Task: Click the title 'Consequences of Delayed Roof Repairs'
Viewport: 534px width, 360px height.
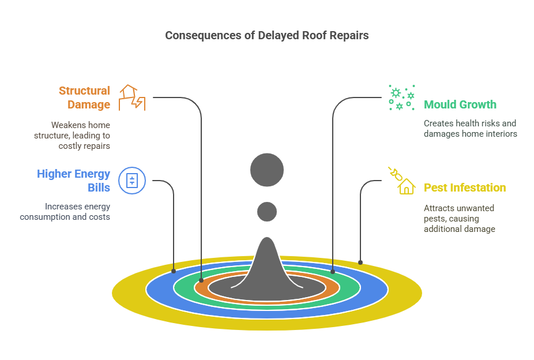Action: pos(266,35)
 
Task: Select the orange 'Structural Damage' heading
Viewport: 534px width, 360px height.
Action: pos(85,97)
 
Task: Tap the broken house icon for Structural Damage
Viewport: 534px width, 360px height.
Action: pos(131,97)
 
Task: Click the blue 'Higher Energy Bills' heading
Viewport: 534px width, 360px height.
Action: pos(73,181)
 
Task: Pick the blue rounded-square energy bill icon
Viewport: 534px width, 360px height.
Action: pos(131,181)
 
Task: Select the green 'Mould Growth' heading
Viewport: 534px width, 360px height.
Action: pos(460,104)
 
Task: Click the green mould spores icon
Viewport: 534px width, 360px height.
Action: pos(401,98)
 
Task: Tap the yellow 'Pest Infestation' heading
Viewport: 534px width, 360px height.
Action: pos(464,187)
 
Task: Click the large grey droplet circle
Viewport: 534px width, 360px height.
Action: pos(267,170)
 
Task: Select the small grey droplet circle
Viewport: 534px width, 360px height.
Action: pos(267,212)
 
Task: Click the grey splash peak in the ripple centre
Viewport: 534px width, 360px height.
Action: pos(267,260)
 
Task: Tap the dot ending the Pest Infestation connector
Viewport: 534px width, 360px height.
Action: pos(360,262)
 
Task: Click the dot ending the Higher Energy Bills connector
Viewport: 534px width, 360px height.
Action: pos(174,271)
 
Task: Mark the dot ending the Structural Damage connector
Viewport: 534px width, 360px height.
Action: pos(201,280)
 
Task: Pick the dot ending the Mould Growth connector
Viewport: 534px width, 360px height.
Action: pos(333,270)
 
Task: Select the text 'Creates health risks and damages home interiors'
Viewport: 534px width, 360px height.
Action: pos(470,128)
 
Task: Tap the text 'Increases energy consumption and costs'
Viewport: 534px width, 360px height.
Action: pos(65,211)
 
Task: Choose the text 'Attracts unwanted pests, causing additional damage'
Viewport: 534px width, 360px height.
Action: pos(459,218)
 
